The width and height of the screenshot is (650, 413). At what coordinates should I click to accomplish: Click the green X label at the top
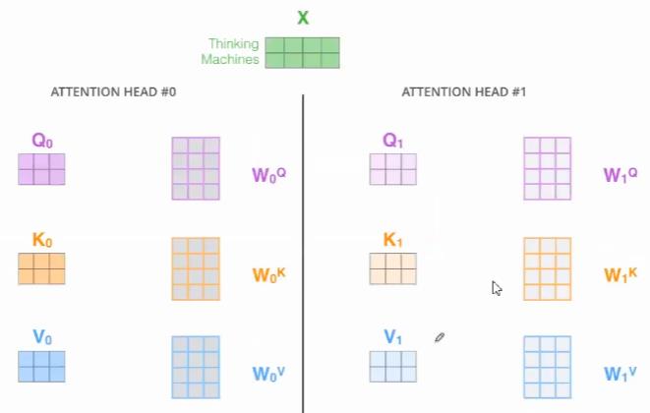point(302,18)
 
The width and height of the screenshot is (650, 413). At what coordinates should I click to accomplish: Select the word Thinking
point(233,44)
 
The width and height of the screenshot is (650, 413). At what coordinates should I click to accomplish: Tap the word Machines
point(230,60)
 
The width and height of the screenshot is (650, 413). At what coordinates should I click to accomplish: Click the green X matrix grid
point(302,52)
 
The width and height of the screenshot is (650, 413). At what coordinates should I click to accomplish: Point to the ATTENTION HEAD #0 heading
point(113,92)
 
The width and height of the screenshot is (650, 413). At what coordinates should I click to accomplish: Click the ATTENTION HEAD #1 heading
point(464,92)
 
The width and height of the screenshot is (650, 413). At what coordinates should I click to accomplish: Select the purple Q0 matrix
point(41,169)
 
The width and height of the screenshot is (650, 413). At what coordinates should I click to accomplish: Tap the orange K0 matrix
point(41,268)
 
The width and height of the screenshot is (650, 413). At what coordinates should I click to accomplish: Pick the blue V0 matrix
point(41,367)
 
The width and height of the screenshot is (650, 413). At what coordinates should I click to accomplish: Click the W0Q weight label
point(268,176)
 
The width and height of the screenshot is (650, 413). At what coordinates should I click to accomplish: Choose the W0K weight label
point(268,275)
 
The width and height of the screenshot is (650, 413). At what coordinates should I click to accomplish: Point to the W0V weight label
point(268,374)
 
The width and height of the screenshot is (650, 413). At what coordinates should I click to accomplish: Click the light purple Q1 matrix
point(393,169)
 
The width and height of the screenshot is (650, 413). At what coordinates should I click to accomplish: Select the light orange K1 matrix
point(393,268)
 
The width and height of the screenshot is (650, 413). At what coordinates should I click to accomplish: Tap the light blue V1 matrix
point(393,367)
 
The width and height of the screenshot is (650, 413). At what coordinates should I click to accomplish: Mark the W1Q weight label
point(620,176)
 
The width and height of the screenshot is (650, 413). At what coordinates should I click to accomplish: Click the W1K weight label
point(620,275)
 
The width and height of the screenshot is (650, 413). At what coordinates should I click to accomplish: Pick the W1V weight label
point(620,374)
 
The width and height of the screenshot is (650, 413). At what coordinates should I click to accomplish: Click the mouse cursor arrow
point(497,288)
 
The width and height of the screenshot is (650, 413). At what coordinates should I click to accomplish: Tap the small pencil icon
point(440,337)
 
